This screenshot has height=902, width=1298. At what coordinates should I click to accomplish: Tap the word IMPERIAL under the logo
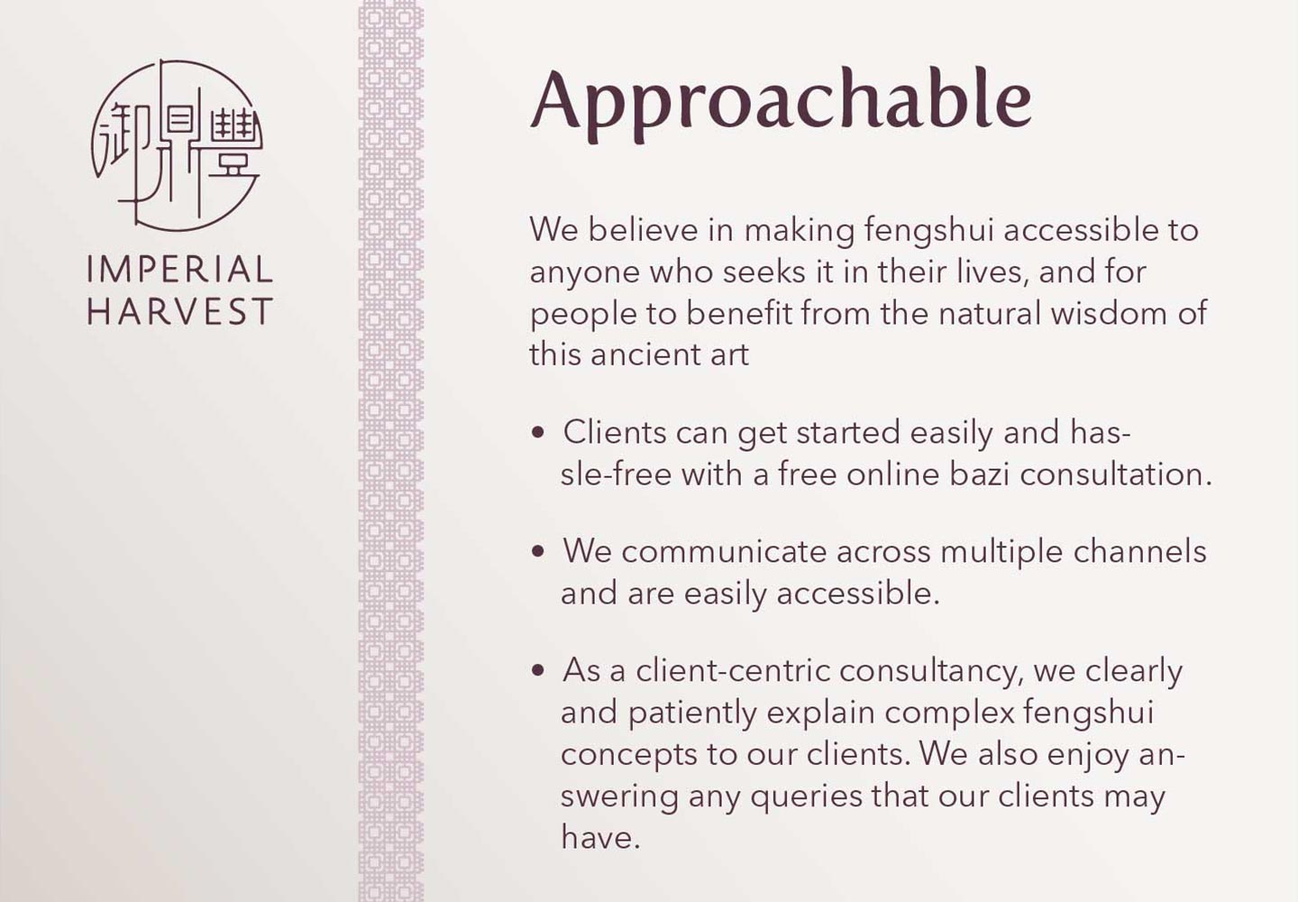click(179, 270)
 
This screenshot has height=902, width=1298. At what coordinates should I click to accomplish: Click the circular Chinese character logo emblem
click(177, 145)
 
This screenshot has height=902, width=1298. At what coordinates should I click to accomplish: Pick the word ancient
click(643, 354)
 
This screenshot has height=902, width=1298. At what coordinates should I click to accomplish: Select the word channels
click(1139, 551)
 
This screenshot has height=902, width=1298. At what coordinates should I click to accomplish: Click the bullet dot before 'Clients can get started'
click(538, 433)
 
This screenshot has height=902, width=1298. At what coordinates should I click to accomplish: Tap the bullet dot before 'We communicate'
click(538, 552)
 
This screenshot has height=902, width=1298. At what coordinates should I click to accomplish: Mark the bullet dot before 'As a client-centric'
click(538, 671)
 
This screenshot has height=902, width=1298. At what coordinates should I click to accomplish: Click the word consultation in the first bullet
click(1116, 474)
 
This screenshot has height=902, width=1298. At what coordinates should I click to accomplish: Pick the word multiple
click(1001, 552)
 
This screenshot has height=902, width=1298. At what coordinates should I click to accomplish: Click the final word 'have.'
click(600, 837)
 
